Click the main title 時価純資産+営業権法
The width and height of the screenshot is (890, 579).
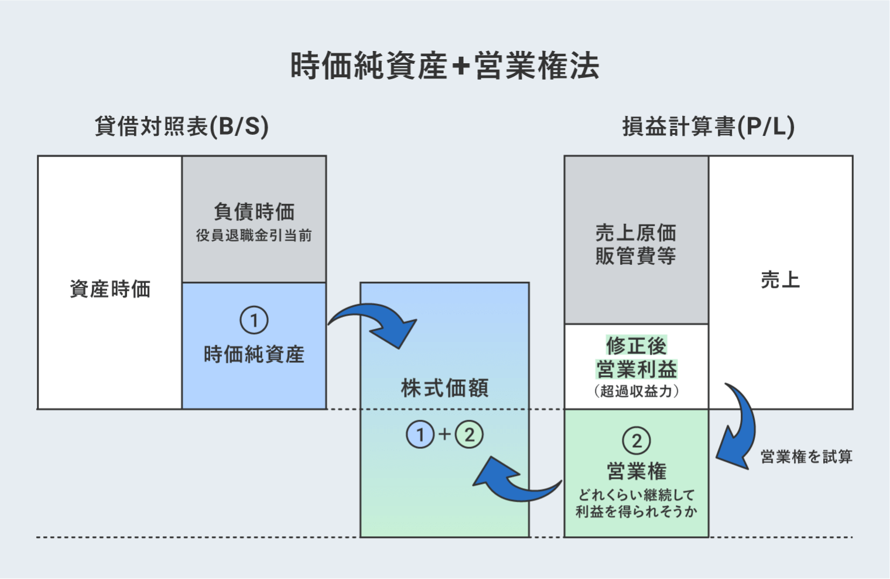445,65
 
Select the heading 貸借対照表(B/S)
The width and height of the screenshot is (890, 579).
182,127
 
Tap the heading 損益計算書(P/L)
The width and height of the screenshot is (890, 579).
708,127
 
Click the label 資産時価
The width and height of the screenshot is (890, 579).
110,289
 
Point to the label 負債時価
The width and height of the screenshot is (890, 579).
254,212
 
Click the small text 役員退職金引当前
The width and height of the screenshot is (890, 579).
254,236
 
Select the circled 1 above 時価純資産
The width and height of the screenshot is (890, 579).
254,321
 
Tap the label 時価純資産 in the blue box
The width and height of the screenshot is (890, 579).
254,355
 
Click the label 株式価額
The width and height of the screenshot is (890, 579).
444,388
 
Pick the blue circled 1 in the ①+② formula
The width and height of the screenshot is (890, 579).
420,434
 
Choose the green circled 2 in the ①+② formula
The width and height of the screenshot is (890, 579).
469,434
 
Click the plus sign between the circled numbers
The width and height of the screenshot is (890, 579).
444,434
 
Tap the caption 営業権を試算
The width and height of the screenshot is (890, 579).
806,457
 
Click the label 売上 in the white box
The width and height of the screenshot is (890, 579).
780,280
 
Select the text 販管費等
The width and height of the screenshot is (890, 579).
636,256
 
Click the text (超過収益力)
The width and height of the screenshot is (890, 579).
636,391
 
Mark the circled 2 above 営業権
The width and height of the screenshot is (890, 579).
636,441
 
